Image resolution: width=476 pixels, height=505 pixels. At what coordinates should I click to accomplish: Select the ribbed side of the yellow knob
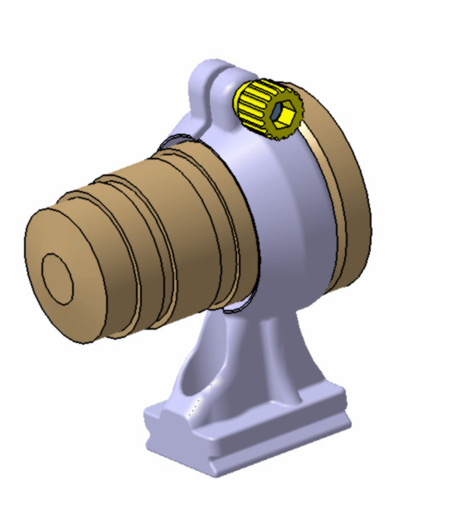(x=253, y=104)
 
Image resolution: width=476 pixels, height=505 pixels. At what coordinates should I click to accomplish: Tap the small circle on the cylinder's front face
(x=58, y=276)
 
